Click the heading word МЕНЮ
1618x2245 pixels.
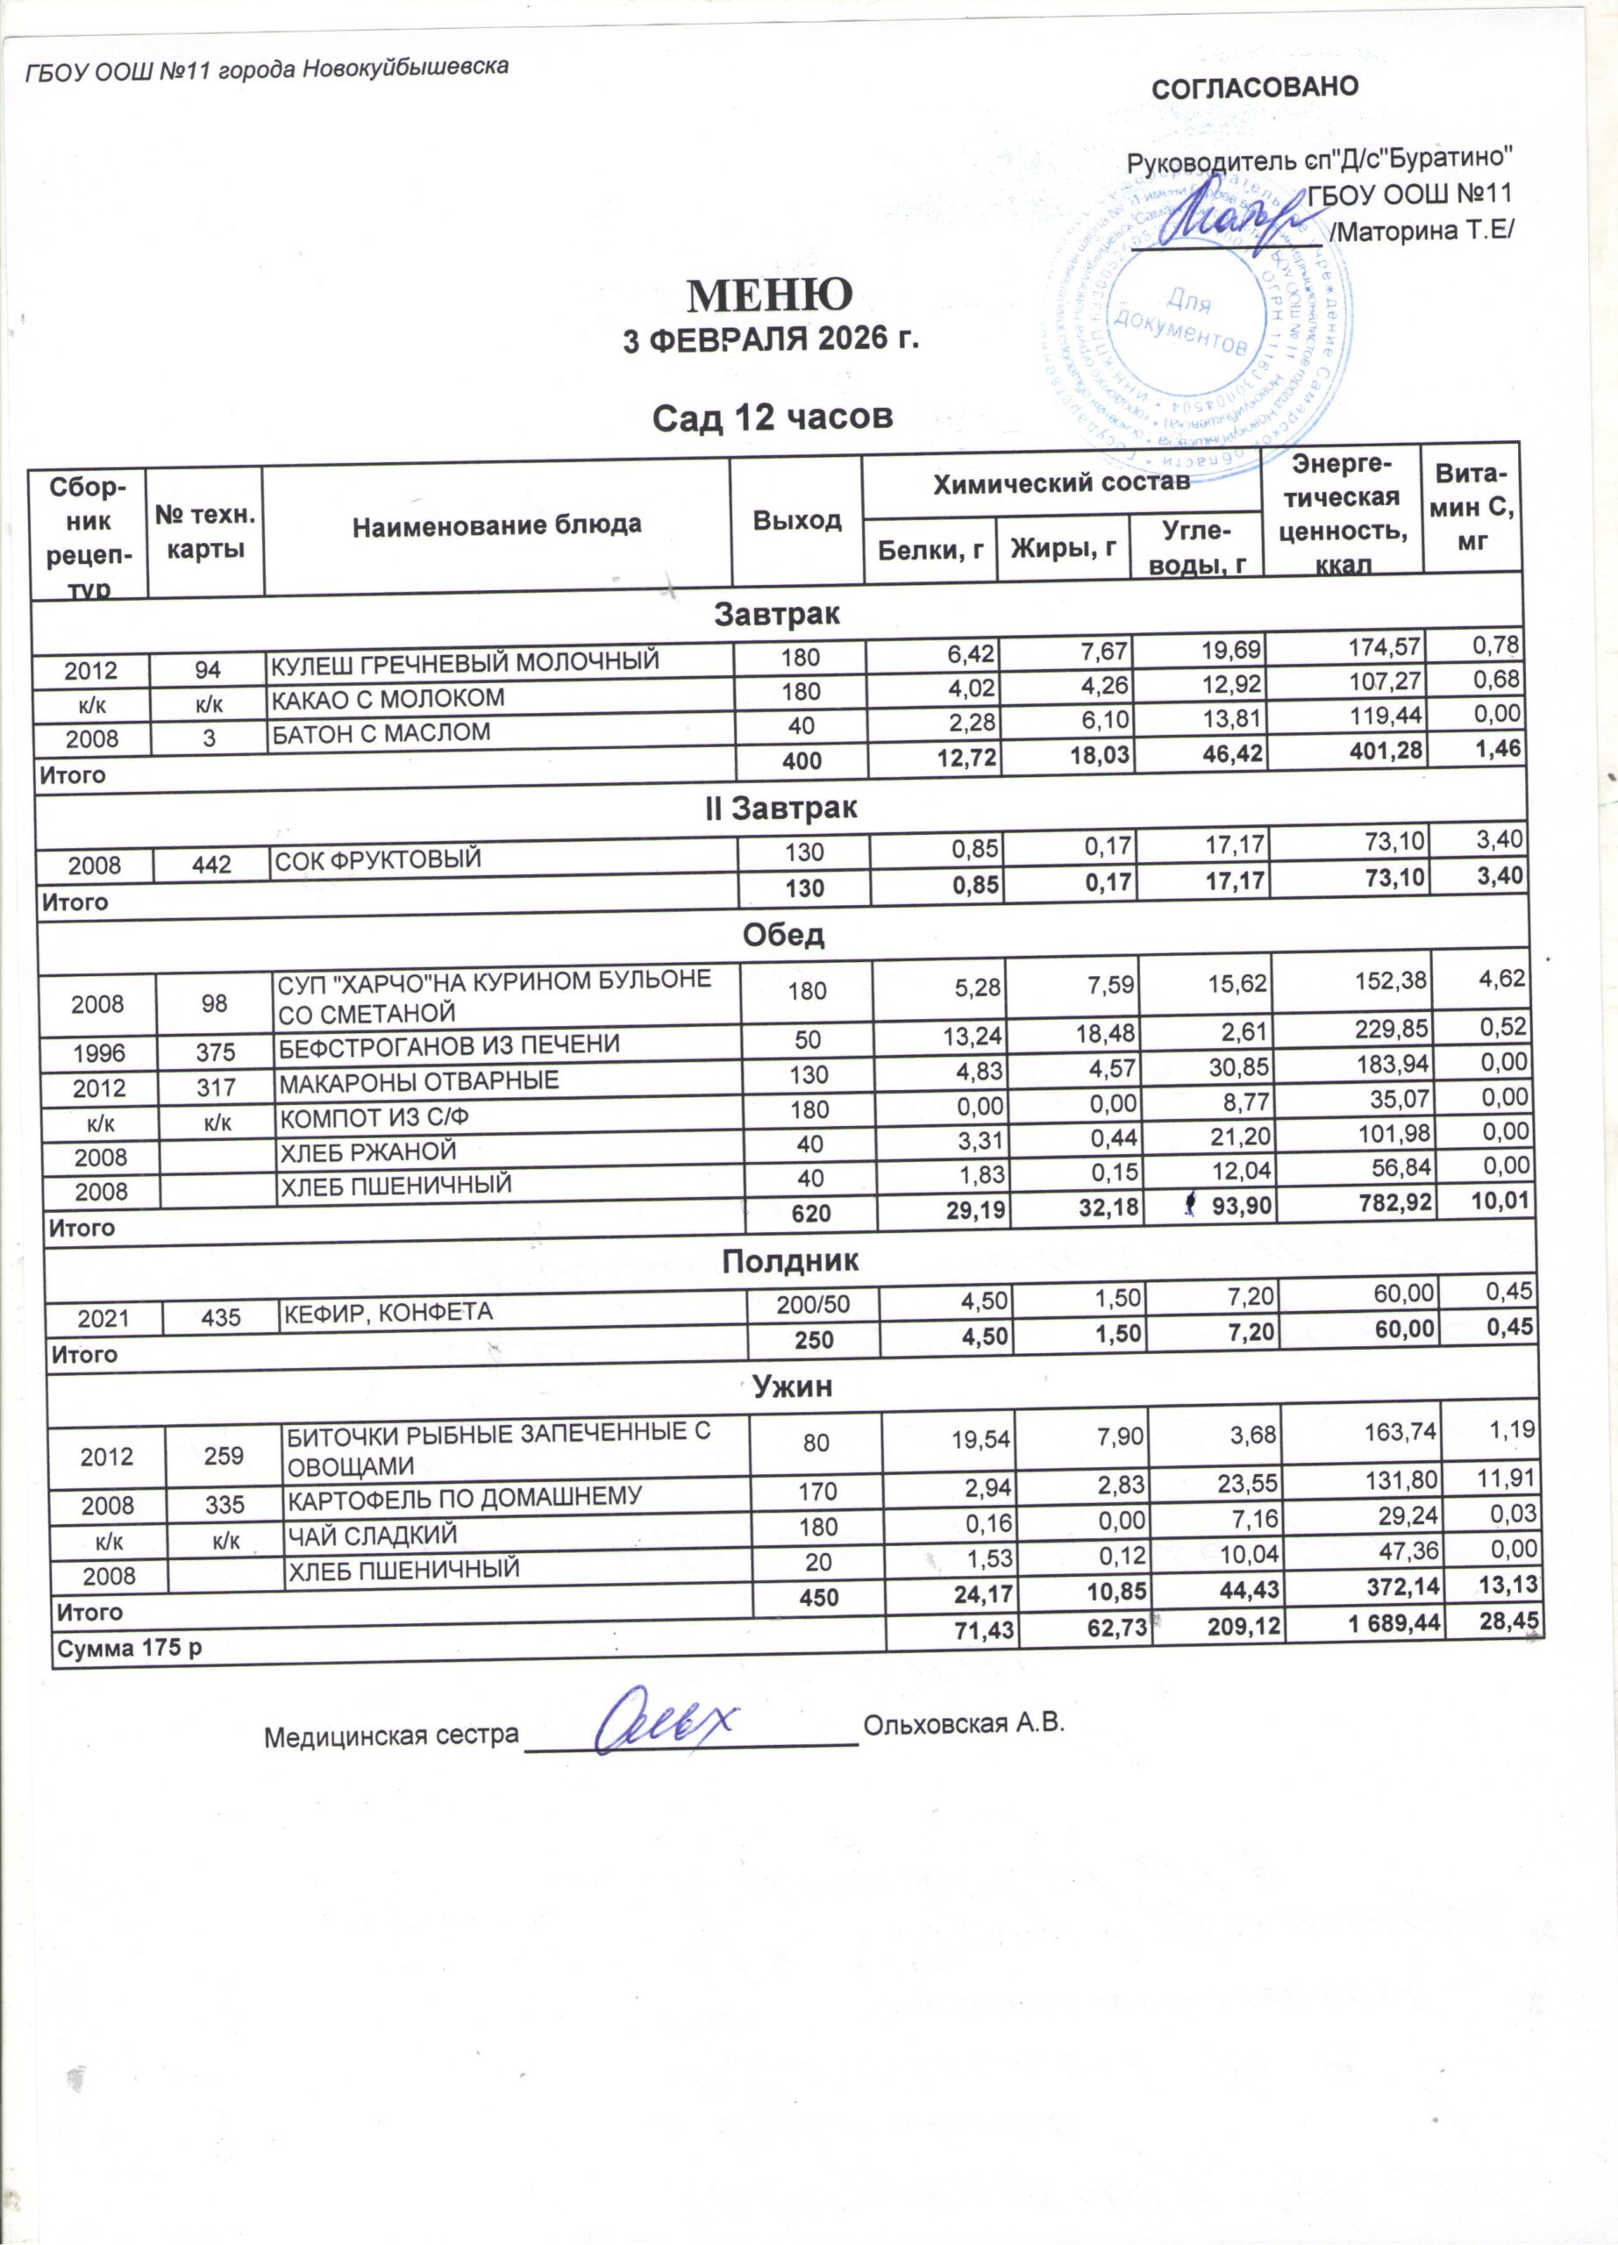click(770, 294)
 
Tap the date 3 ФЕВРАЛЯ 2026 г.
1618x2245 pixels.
click(770, 340)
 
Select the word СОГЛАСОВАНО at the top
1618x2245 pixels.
click(1254, 87)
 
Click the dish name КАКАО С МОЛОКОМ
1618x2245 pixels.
click(388, 698)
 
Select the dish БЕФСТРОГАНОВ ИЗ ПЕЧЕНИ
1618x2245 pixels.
click(449, 1044)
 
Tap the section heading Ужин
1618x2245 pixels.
click(793, 1386)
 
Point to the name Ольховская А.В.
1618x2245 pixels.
click(963, 1723)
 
